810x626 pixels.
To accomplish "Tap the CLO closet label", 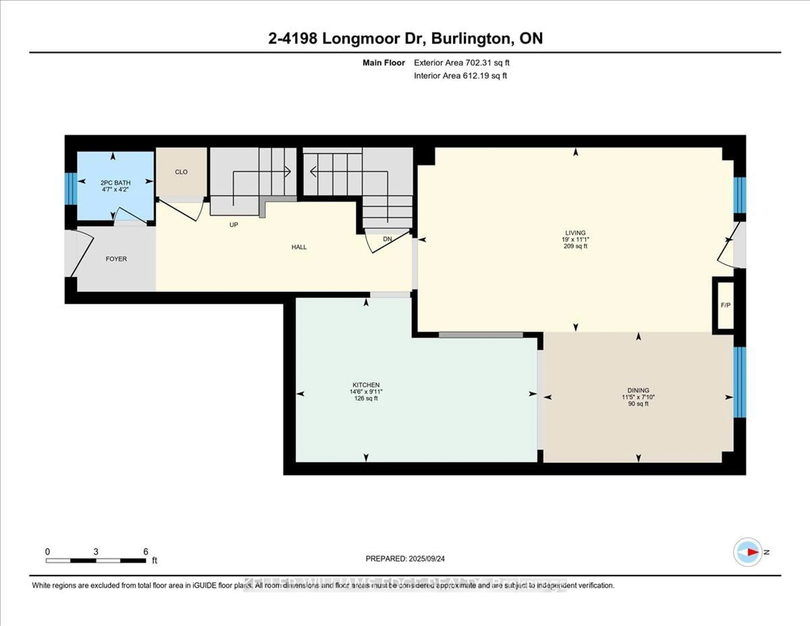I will coord(181,172).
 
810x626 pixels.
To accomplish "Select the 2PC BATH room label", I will coord(115,183).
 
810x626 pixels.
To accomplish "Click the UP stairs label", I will coord(234,225).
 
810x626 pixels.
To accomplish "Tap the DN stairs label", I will coord(387,239).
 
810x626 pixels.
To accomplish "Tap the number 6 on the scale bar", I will coord(146,551).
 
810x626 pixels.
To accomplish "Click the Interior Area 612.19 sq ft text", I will coord(460,76).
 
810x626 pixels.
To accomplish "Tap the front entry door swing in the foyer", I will coord(82,254).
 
